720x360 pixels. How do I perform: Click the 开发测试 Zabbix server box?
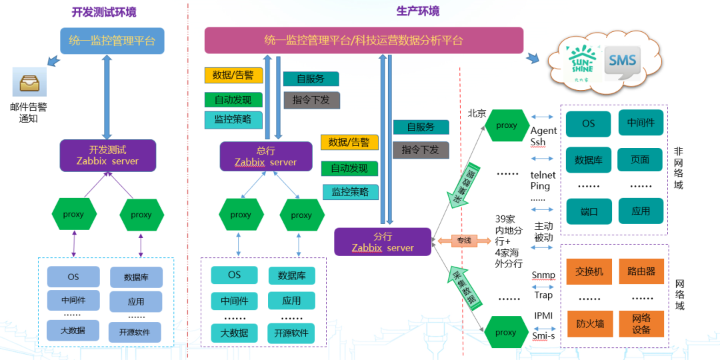coord(107,155)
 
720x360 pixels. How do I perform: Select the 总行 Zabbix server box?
coord(266,156)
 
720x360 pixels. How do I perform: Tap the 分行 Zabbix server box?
coord(383,242)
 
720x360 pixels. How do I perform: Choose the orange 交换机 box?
coord(589,271)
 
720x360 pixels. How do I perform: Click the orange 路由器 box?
coord(641,271)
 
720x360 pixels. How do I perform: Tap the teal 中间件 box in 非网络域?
coord(641,123)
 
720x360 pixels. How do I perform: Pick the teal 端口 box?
coord(589,211)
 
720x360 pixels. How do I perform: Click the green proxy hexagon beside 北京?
coord(506,125)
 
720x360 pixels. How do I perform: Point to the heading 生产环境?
coord(418,11)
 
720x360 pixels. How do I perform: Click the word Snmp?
coord(543,275)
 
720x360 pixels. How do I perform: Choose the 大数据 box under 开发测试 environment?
coord(73,330)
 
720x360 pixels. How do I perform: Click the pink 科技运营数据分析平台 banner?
coord(363,41)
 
